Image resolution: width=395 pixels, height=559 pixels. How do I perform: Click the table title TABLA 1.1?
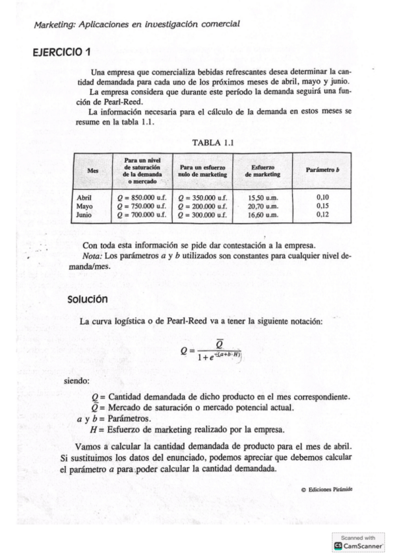click(x=213, y=142)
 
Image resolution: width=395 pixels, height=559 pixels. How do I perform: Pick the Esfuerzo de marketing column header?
click(x=262, y=170)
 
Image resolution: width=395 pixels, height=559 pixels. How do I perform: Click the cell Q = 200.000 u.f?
click(x=202, y=206)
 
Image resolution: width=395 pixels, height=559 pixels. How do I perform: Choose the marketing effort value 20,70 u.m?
click(x=262, y=206)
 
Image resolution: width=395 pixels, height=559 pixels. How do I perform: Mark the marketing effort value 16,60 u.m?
click(x=262, y=214)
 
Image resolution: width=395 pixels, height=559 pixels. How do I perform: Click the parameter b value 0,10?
click(x=322, y=196)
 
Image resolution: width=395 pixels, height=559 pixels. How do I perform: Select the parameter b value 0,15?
click(x=322, y=206)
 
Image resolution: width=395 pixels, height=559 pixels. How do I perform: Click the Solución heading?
click(x=88, y=299)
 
